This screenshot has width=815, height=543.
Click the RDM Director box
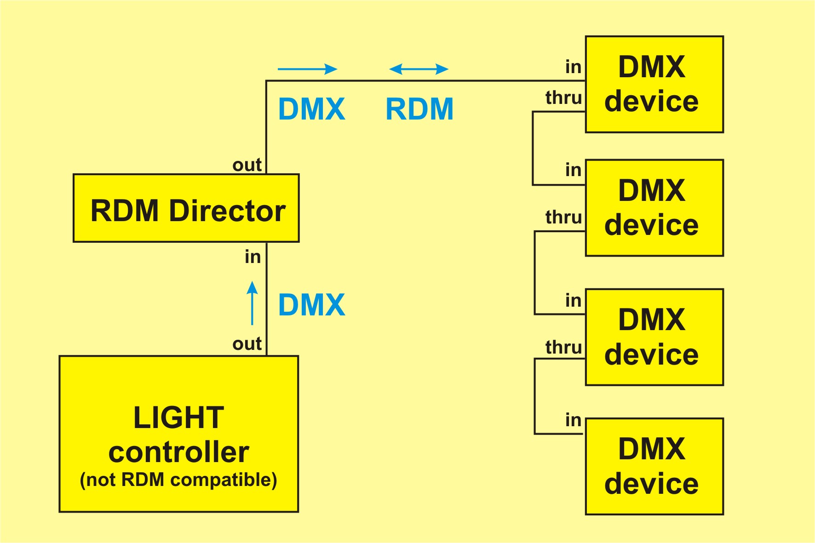click(x=186, y=208)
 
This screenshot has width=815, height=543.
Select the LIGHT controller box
click(x=179, y=434)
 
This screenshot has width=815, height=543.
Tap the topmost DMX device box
click(x=654, y=84)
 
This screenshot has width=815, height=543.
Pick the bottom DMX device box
click(x=654, y=466)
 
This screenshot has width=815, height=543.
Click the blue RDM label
click(x=419, y=109)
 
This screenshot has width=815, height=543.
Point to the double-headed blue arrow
click(x=419, y=69)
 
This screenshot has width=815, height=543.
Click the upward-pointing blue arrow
click(x=252, y=303)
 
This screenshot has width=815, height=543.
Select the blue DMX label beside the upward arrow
click(x=312, y=305)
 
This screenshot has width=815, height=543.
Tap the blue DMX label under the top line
click(x=312, y=109)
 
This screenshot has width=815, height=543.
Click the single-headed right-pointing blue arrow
click(x=307, y=69)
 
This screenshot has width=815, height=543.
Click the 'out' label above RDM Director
click(x=247, y=165)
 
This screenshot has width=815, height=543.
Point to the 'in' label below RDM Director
click(x=253, y=257)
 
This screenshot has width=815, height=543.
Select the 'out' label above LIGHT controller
click(x=247, y=344)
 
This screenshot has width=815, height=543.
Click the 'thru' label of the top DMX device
click(x=563, y=98)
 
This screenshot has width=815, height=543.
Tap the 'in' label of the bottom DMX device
click(x=574, y=420)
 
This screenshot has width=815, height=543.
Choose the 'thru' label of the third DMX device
click(x=563, y=347)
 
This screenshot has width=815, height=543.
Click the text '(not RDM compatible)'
click(x=178, y=480)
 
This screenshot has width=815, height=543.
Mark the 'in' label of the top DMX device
click(x=574, y=67)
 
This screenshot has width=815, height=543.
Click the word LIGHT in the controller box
click(x=178, y=417)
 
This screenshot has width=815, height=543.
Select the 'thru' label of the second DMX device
click(x=563, y=217)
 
